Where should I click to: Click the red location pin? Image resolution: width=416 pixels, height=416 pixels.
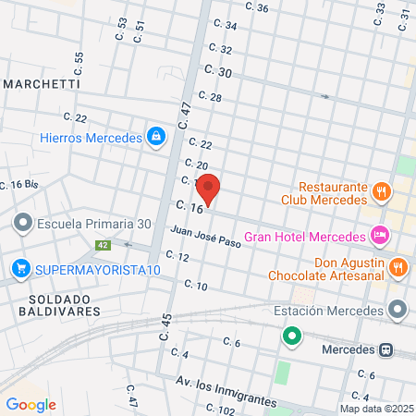tap(210, 189)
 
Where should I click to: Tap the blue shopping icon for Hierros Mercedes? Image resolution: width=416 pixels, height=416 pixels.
tap(155, 138)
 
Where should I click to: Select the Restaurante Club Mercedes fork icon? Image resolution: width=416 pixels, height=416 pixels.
tap(381, 191)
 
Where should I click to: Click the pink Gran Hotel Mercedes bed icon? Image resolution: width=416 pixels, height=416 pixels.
tap(378, 236)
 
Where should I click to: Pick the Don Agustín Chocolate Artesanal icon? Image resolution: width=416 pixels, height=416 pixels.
tap(398, 268)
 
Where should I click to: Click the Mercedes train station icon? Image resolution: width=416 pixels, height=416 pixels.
tap(386, 350)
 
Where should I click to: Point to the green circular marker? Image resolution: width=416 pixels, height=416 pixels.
tap(292, 336)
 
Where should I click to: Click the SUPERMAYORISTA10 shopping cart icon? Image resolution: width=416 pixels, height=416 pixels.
tap(19, 269)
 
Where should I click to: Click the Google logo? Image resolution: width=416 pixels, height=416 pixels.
tap(31, 403)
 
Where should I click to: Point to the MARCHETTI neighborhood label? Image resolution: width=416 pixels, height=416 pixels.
tap(41, 83)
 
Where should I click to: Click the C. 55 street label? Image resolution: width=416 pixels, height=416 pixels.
tap(79, 64)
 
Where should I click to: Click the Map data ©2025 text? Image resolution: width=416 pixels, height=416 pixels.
tap(374, 409)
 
